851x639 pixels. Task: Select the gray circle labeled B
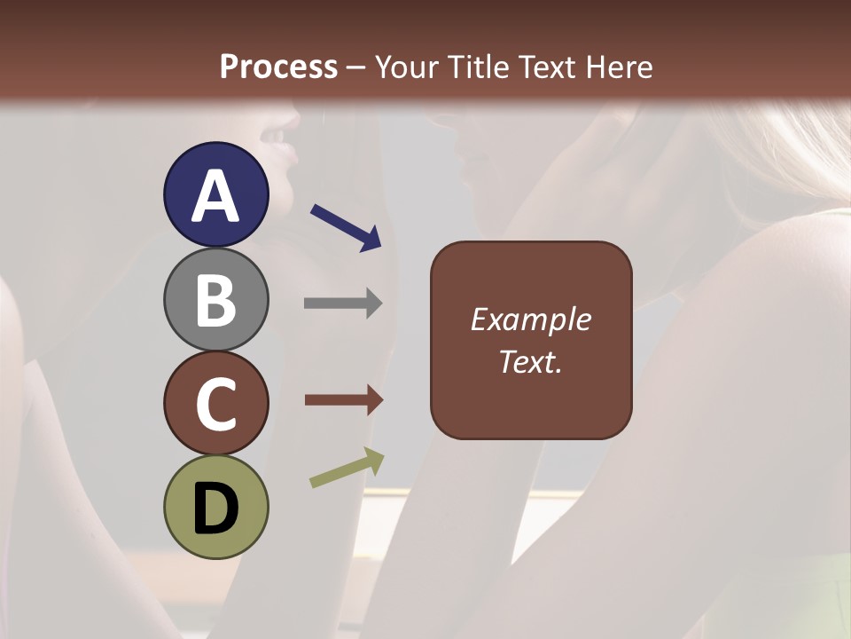(x=216, y=299)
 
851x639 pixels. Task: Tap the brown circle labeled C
(x=216, y=404)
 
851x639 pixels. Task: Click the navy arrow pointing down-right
(x=346, y=227)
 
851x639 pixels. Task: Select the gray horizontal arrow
(x=343, y=304)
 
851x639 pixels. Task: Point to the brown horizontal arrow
(x=343, y=400)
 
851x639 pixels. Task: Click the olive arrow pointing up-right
(x=347, y=468)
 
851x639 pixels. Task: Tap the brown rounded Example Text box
(x=531, y=341)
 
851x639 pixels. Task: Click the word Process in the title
(x=278, y=67)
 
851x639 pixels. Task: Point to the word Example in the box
(x=531, y=319)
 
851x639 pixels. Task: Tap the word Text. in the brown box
(x=531, y=362)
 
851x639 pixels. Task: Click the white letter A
(x=216, y=196)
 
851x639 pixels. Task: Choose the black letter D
(x=216, y=509)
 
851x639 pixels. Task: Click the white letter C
(x=216, y=405)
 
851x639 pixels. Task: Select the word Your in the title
(x=404, y=67)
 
